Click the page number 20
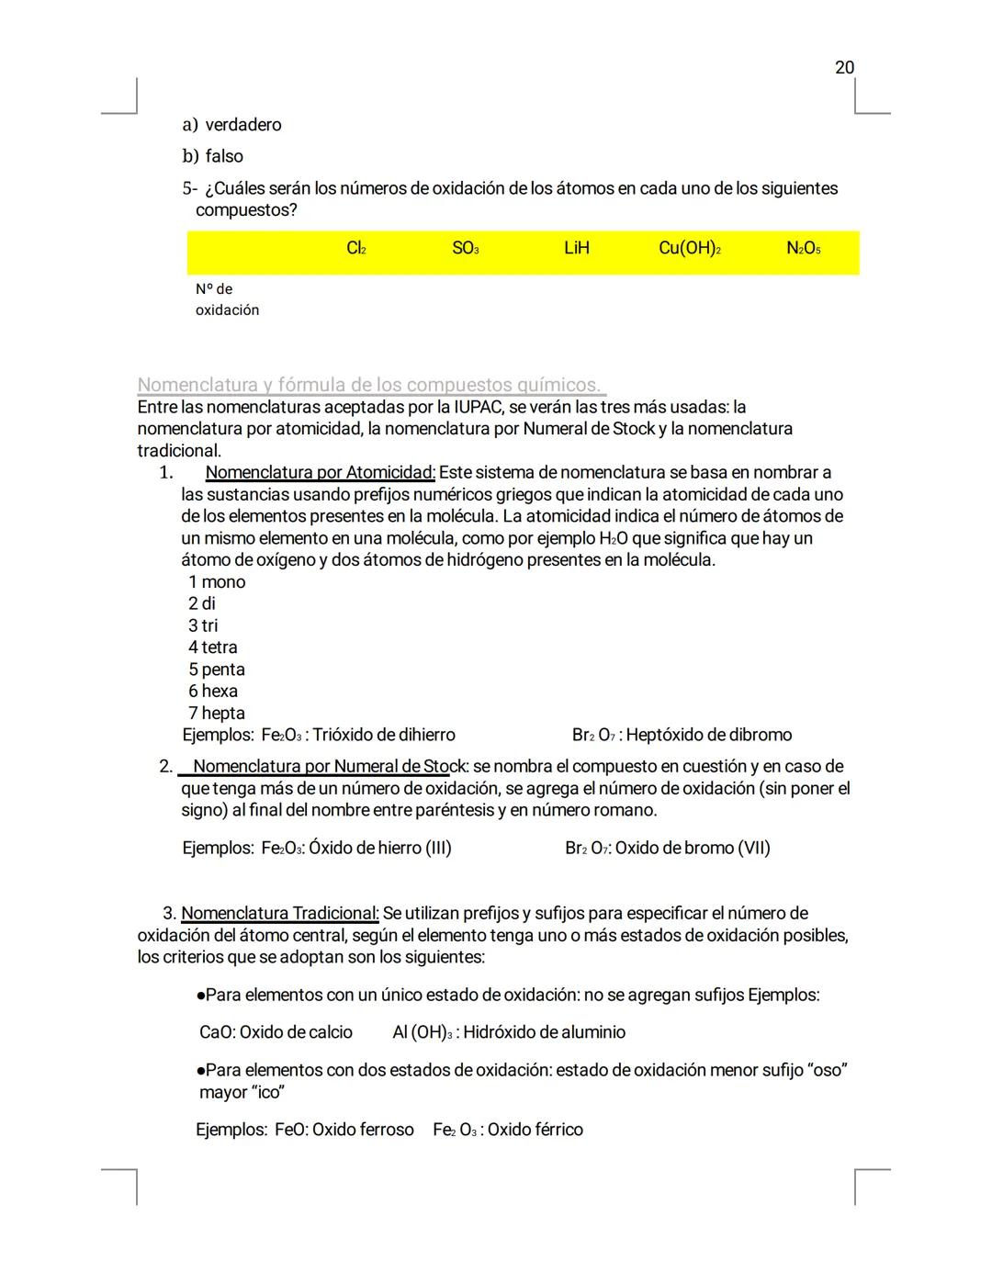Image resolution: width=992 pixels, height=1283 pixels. tap(844, 67)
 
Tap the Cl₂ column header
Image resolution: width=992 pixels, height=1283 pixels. tap(356, 248)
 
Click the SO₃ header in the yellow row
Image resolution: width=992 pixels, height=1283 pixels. tap(466, 248)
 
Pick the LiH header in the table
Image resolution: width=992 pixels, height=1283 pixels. tap(576, 248)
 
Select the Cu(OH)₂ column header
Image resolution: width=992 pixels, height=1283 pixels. tap(689, 248)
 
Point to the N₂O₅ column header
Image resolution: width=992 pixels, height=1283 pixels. tap(803, 248)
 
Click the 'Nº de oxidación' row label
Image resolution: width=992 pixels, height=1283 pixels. tap(227, 299)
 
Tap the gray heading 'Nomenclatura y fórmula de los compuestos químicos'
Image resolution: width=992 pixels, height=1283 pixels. tap(371, 384)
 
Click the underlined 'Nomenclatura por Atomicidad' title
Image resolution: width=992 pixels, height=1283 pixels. tap(320, 472)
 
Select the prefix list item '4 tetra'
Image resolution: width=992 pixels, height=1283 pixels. tap(212, 647)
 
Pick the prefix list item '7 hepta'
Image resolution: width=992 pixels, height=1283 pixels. tap(216, 713)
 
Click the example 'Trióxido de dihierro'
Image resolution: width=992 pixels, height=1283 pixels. tap(384, 735)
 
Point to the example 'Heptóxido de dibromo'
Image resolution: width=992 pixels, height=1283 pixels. tap(708, 735)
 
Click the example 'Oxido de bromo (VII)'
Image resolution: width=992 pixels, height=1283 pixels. tap(693, 848)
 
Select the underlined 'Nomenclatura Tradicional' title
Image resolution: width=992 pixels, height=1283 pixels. tap(279, 913)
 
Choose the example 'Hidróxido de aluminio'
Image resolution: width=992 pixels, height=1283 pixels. tap(544, 1032)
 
